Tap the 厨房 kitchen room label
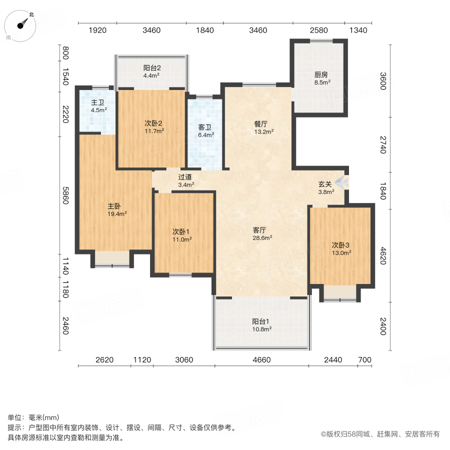321,74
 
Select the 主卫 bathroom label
97,102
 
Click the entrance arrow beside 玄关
342,181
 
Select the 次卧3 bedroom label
341,244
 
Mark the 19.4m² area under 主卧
116,213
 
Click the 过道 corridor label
185,176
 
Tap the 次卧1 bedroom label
182,231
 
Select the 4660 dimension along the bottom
261,359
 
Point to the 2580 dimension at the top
318,30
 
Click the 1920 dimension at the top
98,30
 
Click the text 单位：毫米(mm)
33,418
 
